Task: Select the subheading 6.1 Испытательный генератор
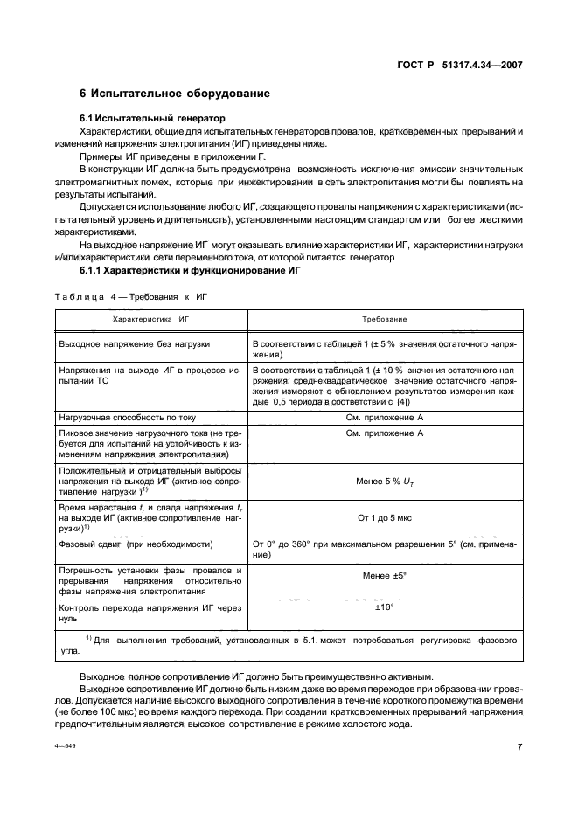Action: click(154, 117)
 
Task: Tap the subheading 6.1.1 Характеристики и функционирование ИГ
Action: click(191, 271)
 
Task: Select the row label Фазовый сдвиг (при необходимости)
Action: click(136, 544)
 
